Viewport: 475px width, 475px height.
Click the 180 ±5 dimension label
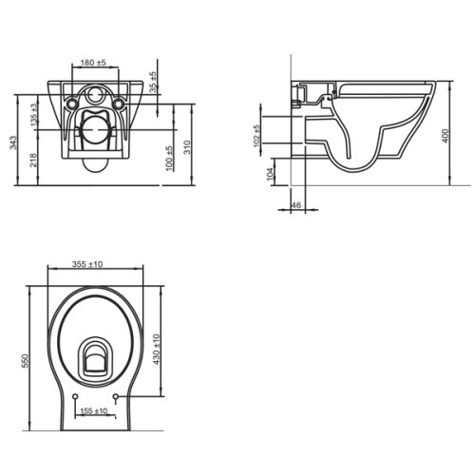[x=93, y=63]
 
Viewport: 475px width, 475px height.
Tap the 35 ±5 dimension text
[x=153, y=82]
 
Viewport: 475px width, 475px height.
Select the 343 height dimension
[x=13, y=143]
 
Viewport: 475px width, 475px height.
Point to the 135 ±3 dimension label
[x=34, y=114]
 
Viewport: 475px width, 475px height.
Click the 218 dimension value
[x=33, y=160]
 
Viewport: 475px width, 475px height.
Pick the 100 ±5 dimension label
[x=169, y=159]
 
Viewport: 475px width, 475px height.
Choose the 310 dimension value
[x=187, y=147]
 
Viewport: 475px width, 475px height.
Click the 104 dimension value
[x=270, y=174]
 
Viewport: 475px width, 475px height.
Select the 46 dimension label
[x=295, y=205]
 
